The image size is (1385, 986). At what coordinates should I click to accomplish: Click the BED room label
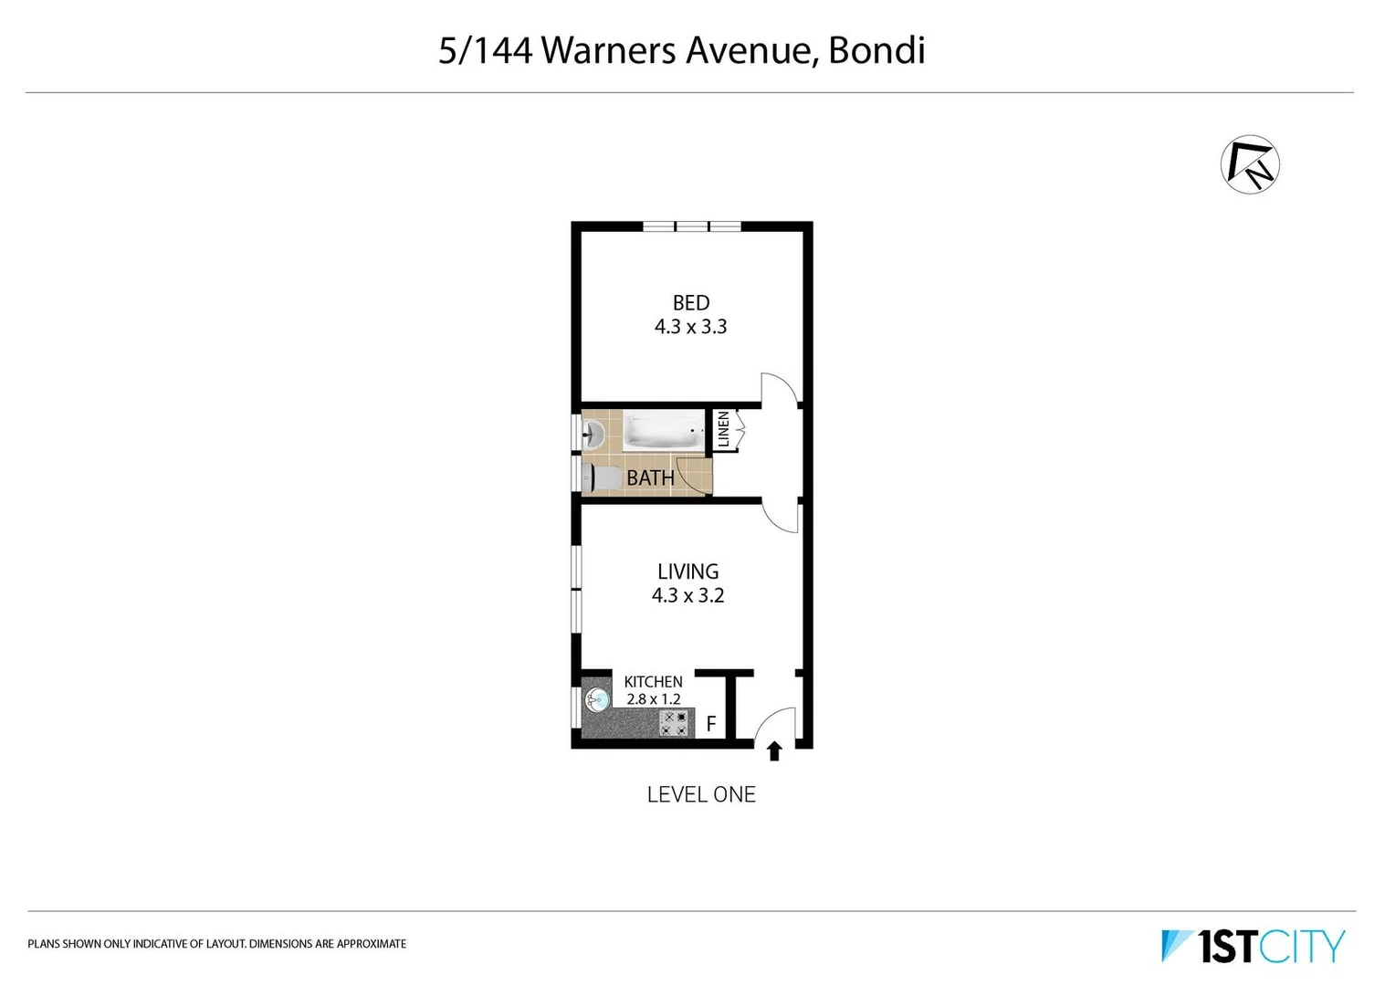click(x=691, y=303)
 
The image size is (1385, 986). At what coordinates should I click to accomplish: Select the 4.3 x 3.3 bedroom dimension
click(x=690, y=327)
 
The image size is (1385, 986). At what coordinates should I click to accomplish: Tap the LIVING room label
click(x=687, y=572)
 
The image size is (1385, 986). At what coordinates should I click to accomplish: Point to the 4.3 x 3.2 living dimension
click(x=687, y=595)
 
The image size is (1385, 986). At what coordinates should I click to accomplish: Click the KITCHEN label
click(x=653, y=682)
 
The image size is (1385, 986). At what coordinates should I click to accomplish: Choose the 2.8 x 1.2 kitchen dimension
click(x=653, y=699)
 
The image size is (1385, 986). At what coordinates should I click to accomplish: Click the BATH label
click(x=650, y=477)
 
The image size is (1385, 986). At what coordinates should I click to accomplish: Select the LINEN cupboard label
click(x=724, y=429)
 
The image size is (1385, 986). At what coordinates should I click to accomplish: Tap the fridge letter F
click(x=711, y=725)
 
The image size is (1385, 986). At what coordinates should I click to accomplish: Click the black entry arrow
click(x=774, y=751)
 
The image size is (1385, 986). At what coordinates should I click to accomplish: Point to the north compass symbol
click(x=1250, y=165)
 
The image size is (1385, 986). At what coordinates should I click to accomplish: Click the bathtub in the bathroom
click(x=664, y=433)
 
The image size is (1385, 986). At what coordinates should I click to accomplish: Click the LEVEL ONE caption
click(x=701, y=795)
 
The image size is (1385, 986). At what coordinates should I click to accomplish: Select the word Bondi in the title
click(x=876, y=50)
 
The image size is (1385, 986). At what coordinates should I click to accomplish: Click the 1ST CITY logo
click(x=1253, y=946)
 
